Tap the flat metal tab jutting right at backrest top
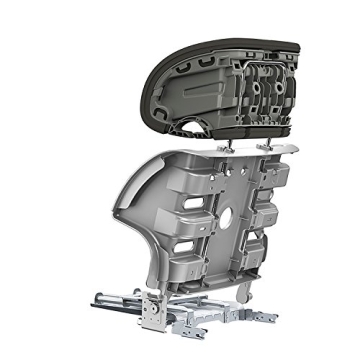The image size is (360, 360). pyautogui.click(x=289, y=151)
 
